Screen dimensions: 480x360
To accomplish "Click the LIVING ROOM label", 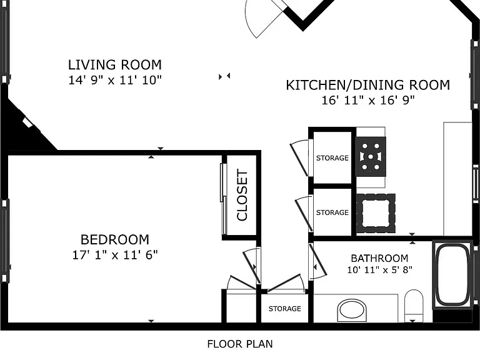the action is [x=115, y=65].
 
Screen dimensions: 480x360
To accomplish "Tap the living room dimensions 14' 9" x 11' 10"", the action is [x=115, y=80].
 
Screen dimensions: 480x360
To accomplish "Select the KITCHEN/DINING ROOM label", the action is [x=368, y=85].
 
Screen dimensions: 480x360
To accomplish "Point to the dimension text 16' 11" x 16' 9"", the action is [x=368, y=100].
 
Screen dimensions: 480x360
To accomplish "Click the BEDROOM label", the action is [x=115, y=239].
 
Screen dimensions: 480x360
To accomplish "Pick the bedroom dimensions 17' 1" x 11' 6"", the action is [x=115, y=255].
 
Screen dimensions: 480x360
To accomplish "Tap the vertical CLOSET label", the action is [x=242, y=195].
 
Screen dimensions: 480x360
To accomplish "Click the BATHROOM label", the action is [x=379, y=258].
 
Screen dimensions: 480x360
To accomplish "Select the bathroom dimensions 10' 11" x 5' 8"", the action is [x=379, y=270].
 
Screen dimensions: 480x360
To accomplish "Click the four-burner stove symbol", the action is [x=371, y=156].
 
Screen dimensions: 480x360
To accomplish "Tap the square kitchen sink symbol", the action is [x=376, y=213].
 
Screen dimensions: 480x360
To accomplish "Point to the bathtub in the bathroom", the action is [x=452, y=275].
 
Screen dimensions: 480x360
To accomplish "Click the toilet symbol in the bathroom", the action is [x=414, y=306].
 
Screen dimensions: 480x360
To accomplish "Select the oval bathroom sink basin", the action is [x=352, y=311].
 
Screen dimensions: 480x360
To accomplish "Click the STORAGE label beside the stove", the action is [x=332, y=158].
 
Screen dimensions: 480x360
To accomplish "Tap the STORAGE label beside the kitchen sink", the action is [x=332, y=212].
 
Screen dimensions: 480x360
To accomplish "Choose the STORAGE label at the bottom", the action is [x=285, y=309].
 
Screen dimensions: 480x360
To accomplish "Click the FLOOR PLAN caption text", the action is [x=240, y=344].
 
